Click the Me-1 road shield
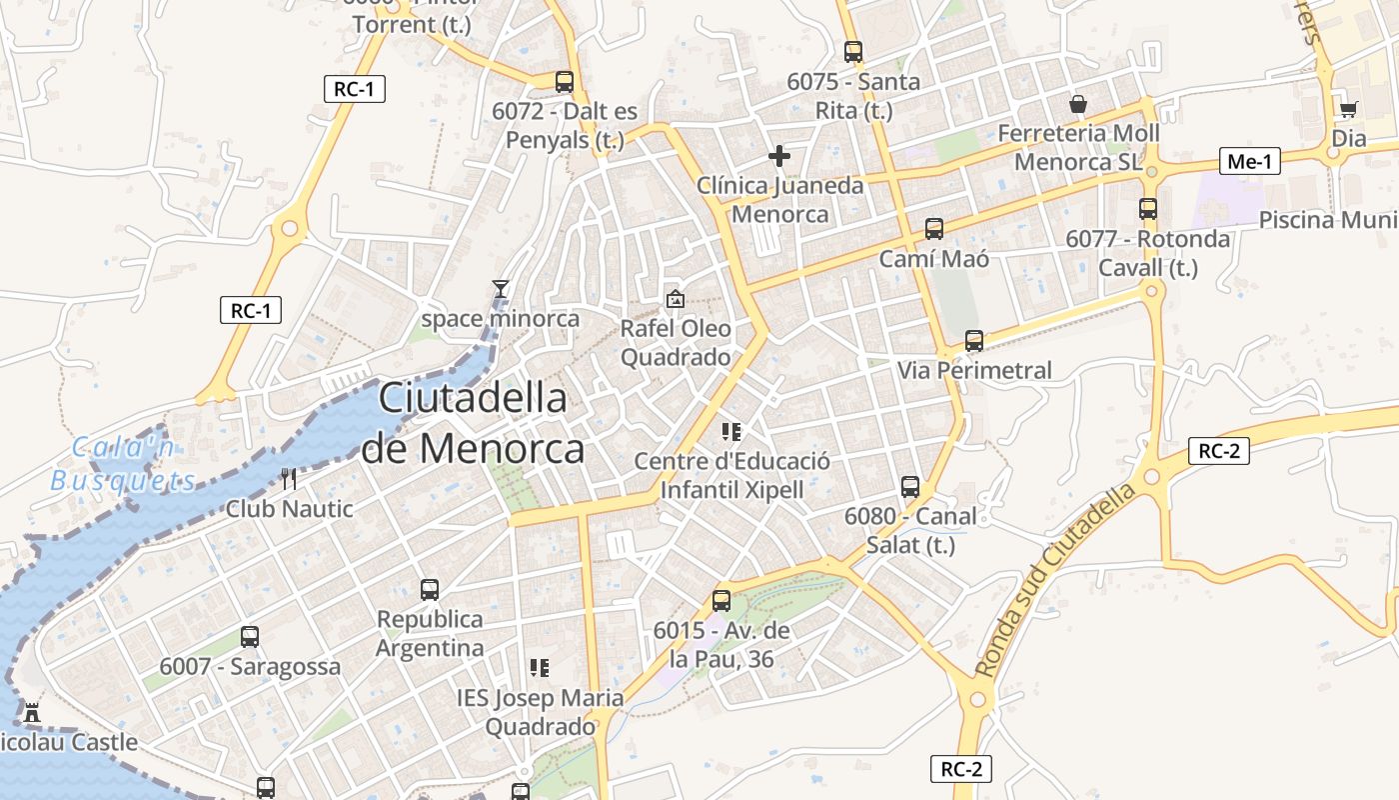tap(1249, 161)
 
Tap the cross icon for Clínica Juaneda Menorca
tap(779, 156)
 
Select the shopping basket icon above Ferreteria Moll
tap(1078, 104)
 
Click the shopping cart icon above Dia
tap(1348, 109)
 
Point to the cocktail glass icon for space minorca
tap(501, 289)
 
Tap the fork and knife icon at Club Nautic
tap(289, 479)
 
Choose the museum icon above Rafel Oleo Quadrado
tap(676, 298)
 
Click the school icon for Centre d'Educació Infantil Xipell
tap(731, 432)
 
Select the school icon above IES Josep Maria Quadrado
tap(540, 667)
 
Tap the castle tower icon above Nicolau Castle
tap(31, 713)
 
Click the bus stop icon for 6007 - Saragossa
tap(250, 637)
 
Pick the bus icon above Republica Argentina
tap(430, 590)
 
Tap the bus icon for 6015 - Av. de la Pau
tap(721, 601)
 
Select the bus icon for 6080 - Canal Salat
tap(910, 487)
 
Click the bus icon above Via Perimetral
tap(974, 341)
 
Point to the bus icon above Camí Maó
tap(934, 229)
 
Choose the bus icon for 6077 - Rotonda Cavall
tap(1148, 209)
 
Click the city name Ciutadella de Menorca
tap(473, 424)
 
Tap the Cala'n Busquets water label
tap(124, 464)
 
